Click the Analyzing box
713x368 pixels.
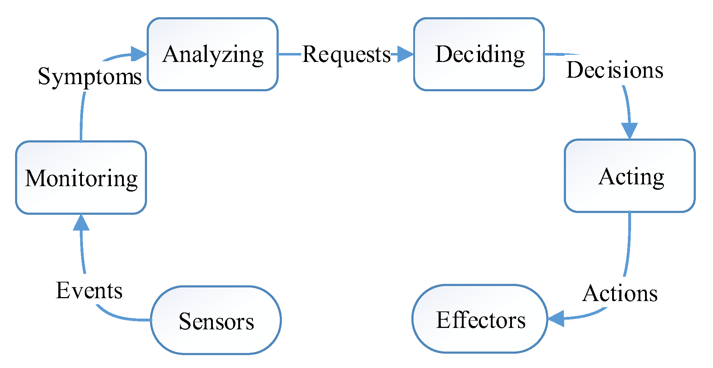[x=213, y=54]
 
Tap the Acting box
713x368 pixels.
[x=629, y=176]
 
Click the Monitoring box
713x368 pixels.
[x=81, y=178]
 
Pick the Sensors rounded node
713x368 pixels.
[x=216, y=320]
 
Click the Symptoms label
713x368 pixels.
[x=89, y=77]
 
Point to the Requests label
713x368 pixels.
[x=346, y=54]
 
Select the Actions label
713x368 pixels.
[x=620, y=294]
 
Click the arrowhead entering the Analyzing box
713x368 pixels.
[x=139, y=54]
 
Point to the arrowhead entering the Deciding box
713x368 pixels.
[x=405, y=54]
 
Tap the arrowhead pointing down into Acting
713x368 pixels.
[x=629, y=131]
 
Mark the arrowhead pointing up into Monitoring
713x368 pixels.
[x=81, y=223]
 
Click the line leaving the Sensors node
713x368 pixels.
[x=125, y=318]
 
